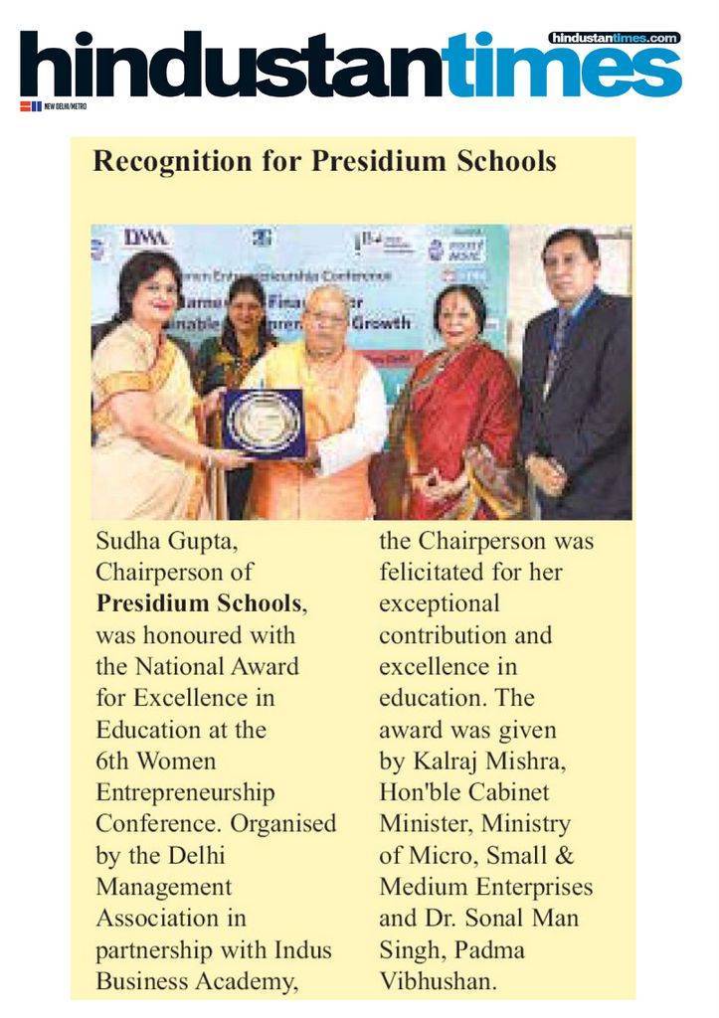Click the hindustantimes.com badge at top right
(x=614, y=38)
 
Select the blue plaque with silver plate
(x=263, y=422)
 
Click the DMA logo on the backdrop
(x=146, y=239)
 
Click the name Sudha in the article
(x=127, y=543)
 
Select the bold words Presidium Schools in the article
(x=198, y=603)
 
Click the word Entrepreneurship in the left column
(x=185, y=793)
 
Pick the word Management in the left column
(x=163, y=887)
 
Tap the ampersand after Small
(x=565, y=856)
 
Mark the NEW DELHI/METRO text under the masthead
(x=66, y=106)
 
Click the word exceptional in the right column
(x=440, y=603)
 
